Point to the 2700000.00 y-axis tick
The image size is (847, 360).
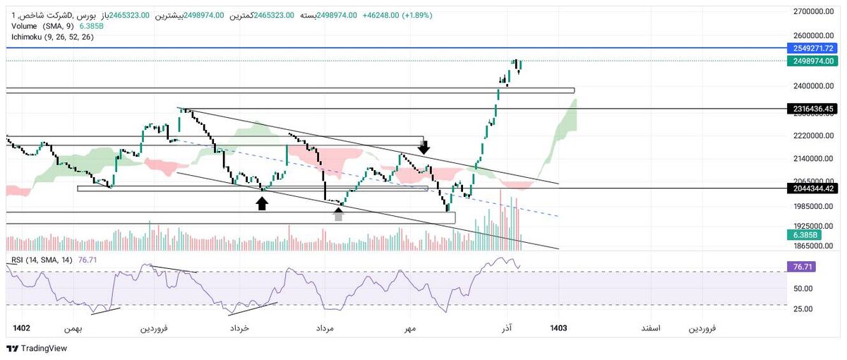coord(814,12)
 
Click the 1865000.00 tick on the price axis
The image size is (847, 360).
coord(814,246)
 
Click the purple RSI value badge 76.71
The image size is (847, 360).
coord(800,268)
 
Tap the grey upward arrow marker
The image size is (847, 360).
coord(339,215)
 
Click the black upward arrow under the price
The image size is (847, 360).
coord(262,203)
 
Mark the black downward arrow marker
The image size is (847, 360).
coord(424,147)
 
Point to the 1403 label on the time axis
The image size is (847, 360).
coord(558,328)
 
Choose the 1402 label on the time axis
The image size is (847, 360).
coord(22,328)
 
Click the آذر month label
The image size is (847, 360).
coord(506,328)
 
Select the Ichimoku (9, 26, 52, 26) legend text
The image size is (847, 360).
coord(53,37)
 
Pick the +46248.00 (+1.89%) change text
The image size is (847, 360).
coord(397,15)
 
